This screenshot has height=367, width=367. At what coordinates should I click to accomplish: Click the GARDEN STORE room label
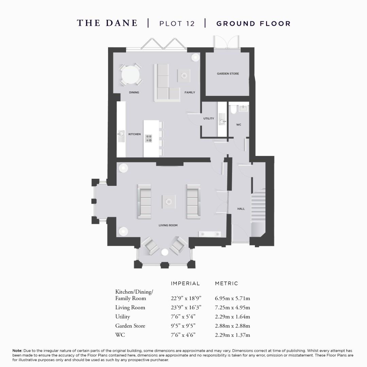pyautogui.click(x=228, y=73)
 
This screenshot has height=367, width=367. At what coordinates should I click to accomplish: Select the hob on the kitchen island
pyautogui.click(x=149, y=138)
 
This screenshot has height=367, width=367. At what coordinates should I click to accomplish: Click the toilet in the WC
pyautogui.click(x=233, y=109)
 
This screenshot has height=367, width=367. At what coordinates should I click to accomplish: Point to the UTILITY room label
pyautogui.click(x=209, y=119)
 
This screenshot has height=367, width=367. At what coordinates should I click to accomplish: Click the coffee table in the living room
pyautogui.click(x=169, y=202)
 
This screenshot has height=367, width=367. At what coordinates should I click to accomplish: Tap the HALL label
pyautogui.click(x=241, y=209)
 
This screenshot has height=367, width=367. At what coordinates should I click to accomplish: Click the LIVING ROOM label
pyautogui.click(x=168, y=225)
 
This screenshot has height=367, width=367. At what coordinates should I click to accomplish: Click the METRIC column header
pyautogui.click(x=227, y=283)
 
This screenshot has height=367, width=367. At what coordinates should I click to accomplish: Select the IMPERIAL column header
pyautogui.click(x=185, y=283)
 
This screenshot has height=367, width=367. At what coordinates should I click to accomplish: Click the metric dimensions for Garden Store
pyautogui.click(x=232, y=326)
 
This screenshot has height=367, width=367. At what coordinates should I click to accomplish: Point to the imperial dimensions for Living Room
pyautogui.click(x=186, y=308)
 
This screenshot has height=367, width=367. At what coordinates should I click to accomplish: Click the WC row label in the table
pyautogui.click(x=120, y=335)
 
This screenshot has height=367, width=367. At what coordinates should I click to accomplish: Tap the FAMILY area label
pyautogui.click(x=190, y=92)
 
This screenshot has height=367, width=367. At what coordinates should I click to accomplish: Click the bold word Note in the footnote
pyautogui.click(x=17, y=350)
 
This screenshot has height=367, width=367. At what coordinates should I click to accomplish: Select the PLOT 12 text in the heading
pyautogui.click(x=177, y=23)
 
